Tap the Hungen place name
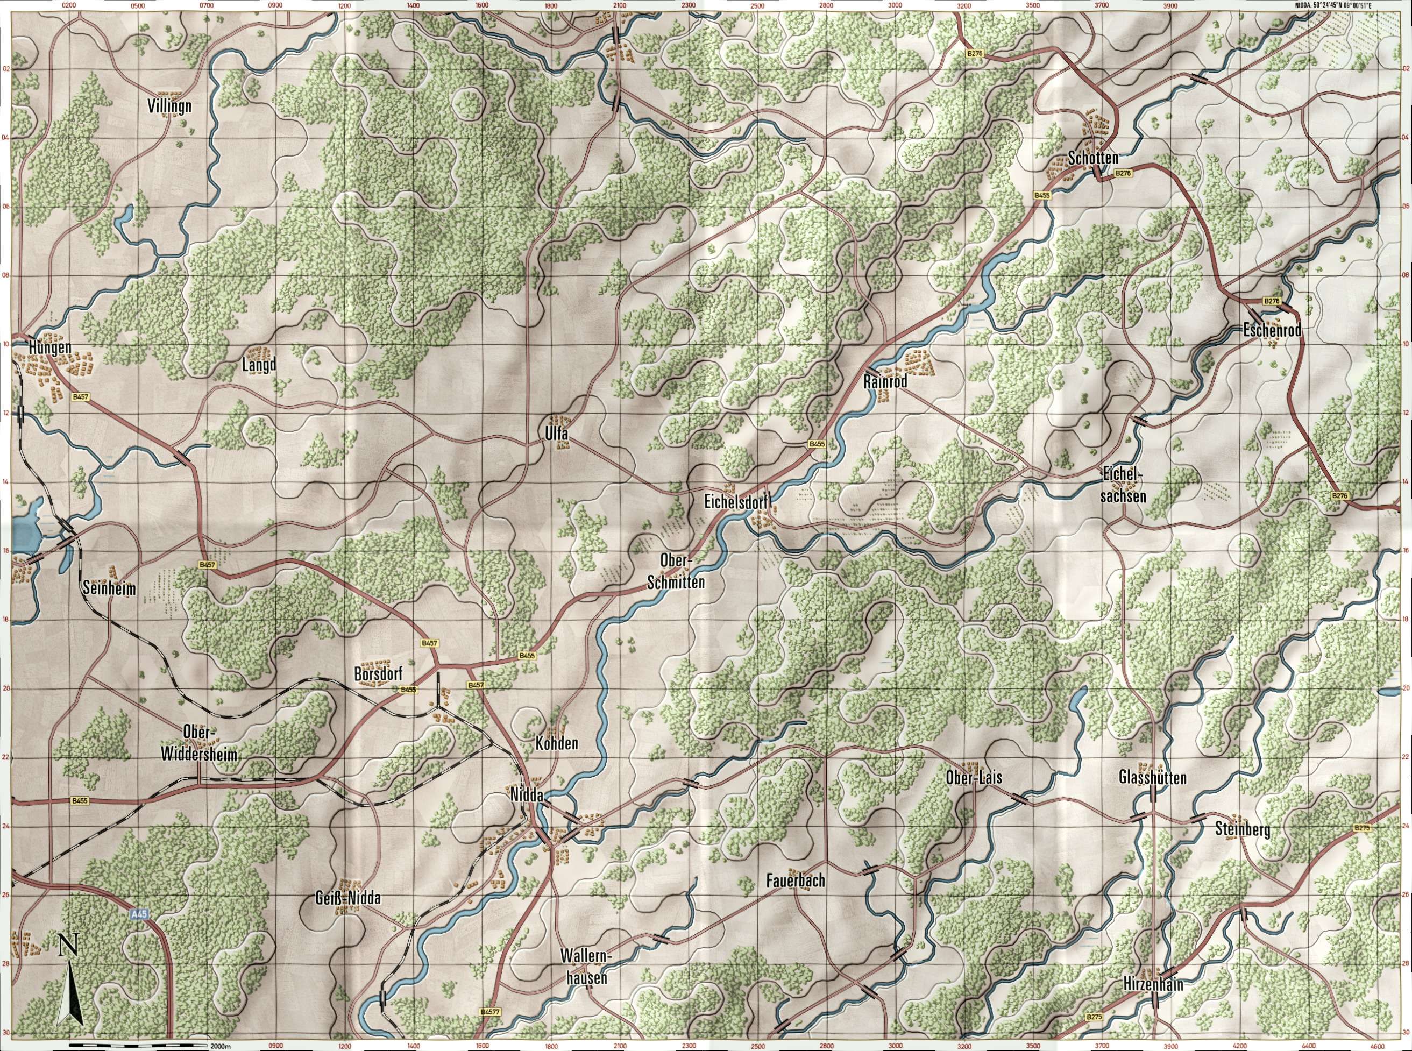49,347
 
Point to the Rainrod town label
884,382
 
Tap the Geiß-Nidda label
347,898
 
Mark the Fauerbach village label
796,881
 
